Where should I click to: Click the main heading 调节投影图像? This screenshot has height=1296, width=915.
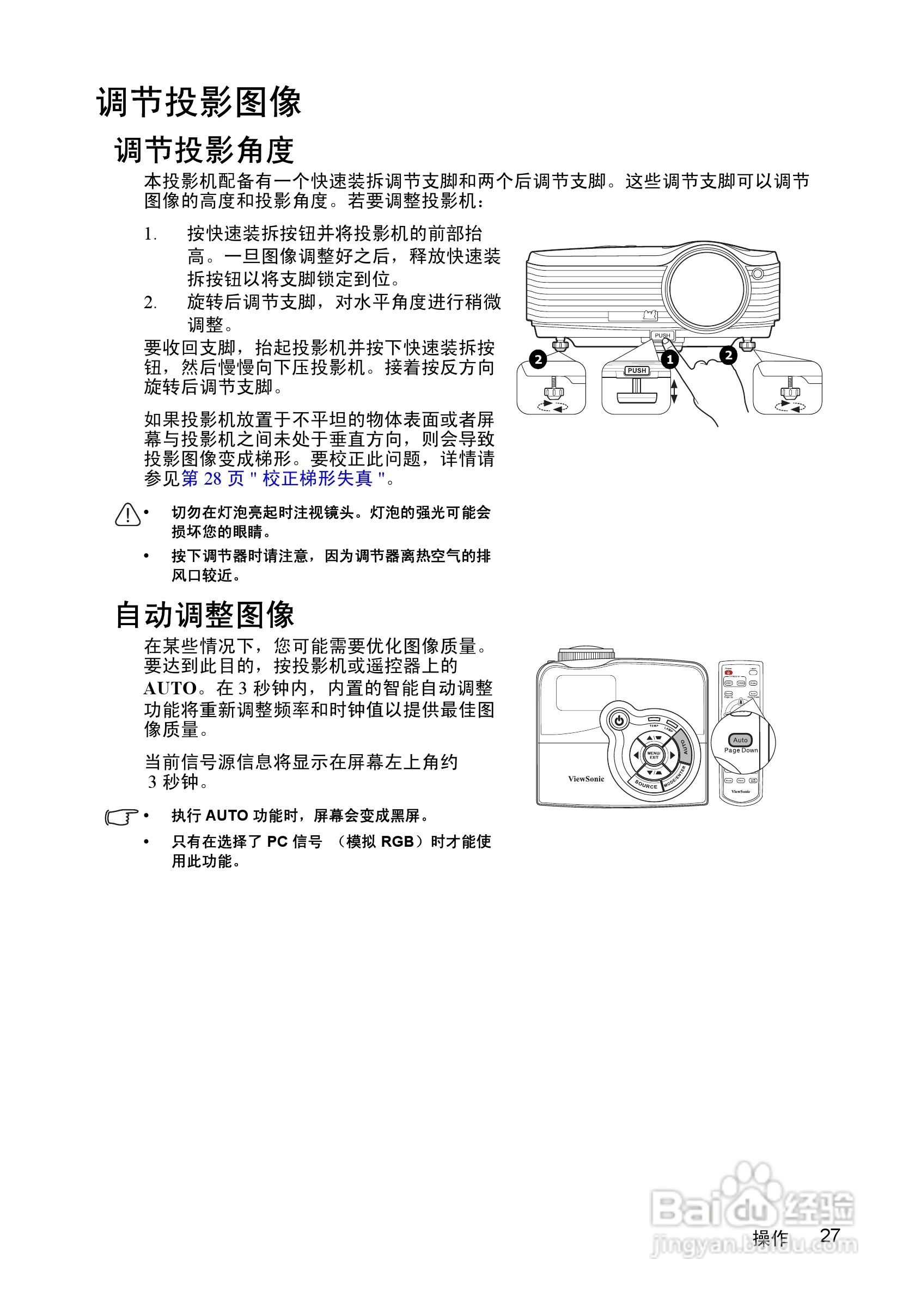199,103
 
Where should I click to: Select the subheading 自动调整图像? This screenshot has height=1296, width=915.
204,615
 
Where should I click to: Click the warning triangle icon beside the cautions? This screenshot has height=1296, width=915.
127,514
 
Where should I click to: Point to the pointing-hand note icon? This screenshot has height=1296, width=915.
121,817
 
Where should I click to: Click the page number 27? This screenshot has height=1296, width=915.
830,1235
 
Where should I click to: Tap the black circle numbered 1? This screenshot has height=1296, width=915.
669,359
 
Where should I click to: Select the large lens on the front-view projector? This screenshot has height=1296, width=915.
707,289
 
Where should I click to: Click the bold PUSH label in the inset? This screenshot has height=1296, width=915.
637,370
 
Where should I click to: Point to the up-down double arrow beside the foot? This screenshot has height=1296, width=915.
673,390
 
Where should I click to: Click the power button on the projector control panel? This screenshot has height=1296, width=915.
619,720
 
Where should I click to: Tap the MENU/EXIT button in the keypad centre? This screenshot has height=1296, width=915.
654,755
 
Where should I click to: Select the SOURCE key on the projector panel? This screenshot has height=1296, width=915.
646,785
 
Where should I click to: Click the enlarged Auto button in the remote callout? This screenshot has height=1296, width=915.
740,740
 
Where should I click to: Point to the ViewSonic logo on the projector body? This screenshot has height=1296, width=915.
586,779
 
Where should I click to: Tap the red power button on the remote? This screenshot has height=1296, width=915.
728,673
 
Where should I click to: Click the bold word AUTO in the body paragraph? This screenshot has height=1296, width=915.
169,689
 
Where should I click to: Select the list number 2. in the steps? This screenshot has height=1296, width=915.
150,303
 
